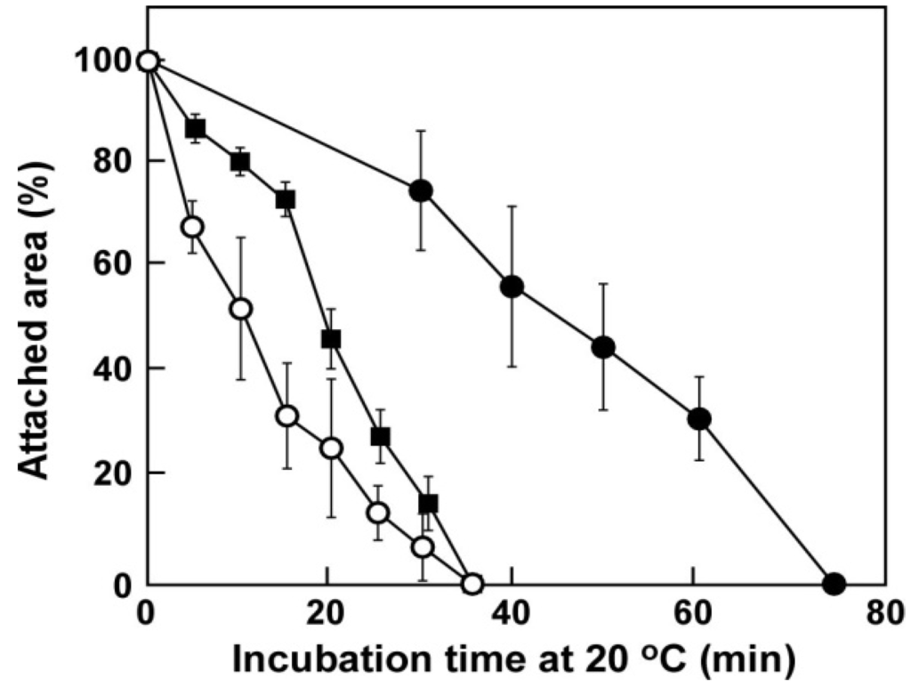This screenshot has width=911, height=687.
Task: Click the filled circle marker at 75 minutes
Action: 834,584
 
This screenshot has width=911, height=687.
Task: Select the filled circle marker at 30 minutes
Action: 421,190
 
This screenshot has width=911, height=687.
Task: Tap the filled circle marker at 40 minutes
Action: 512,287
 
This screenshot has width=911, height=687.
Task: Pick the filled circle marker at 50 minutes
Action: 603,347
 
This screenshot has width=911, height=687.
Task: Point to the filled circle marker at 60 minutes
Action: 699,418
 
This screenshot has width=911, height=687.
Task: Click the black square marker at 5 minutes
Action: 195,128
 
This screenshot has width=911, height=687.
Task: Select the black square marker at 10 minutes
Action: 240,161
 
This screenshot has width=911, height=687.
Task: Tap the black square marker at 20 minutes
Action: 331,339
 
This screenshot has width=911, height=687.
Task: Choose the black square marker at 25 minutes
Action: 381,436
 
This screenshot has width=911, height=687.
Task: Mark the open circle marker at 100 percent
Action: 149,61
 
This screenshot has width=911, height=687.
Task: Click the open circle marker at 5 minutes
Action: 192,227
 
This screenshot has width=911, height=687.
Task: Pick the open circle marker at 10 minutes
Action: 240,308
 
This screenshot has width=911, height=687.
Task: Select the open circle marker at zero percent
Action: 472,584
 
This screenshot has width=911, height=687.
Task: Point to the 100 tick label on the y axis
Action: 105,61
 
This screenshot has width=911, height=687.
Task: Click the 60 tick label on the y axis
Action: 112,264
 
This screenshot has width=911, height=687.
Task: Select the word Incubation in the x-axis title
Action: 315,659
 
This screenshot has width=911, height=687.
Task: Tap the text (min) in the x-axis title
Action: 746,659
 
